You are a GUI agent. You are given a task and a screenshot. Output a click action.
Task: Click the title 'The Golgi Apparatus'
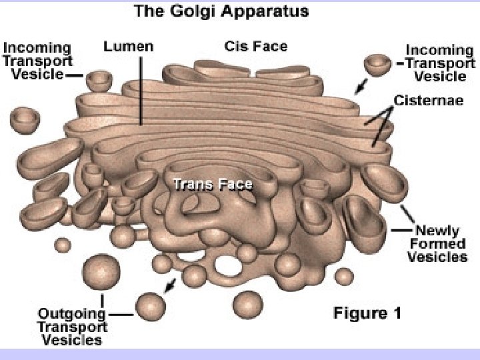211,11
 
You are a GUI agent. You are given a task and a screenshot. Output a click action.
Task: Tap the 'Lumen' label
129,47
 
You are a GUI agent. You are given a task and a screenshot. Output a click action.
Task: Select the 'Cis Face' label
255,47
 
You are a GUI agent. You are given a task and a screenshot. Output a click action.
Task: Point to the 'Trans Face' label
213,185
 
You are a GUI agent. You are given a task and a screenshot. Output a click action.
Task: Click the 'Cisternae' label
429,101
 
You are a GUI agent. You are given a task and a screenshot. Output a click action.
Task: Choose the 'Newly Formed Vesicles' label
437,243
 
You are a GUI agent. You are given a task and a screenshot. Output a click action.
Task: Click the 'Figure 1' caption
367,313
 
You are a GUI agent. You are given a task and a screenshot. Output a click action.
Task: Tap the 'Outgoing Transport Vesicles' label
72,327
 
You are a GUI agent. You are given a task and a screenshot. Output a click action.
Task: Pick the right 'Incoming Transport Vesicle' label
439,63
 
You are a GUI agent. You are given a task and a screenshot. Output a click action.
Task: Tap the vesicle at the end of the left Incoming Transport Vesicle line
101,80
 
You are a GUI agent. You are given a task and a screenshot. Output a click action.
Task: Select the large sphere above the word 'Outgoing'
101,271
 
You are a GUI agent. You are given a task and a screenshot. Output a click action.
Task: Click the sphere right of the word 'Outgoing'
151,306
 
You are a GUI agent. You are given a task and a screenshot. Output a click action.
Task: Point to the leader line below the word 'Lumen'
141,90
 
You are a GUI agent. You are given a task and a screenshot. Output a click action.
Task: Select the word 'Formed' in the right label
437,243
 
